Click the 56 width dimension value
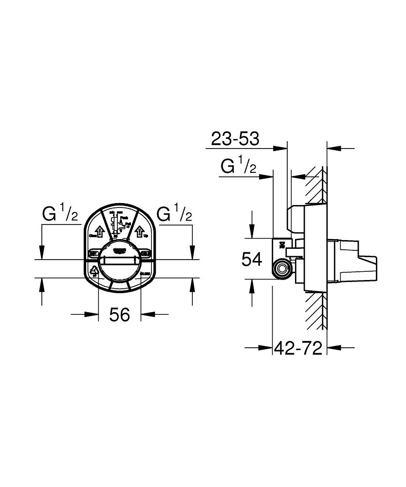point(119,315)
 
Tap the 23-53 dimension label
point(235,139)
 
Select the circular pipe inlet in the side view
point(281,268)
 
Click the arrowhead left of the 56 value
point(93,314)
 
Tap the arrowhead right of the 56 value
point(147,314)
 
